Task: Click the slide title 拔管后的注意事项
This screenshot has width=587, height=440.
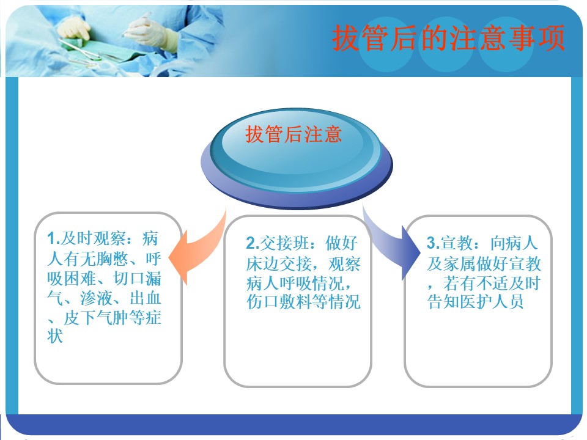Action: (x=448, y=38)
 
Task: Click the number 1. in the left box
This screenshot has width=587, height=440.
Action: (x=54, y=238)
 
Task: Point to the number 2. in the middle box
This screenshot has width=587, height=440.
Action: (x=253, y=243)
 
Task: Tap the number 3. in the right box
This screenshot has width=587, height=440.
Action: (x=433, y=243)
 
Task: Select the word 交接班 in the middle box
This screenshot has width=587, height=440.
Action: (x=284, y=243)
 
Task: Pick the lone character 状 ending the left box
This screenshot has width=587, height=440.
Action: (x=55, y=335)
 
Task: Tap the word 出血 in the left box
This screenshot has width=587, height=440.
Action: (x=146, y=298)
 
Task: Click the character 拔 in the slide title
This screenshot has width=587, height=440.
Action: (x=345, y=38)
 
